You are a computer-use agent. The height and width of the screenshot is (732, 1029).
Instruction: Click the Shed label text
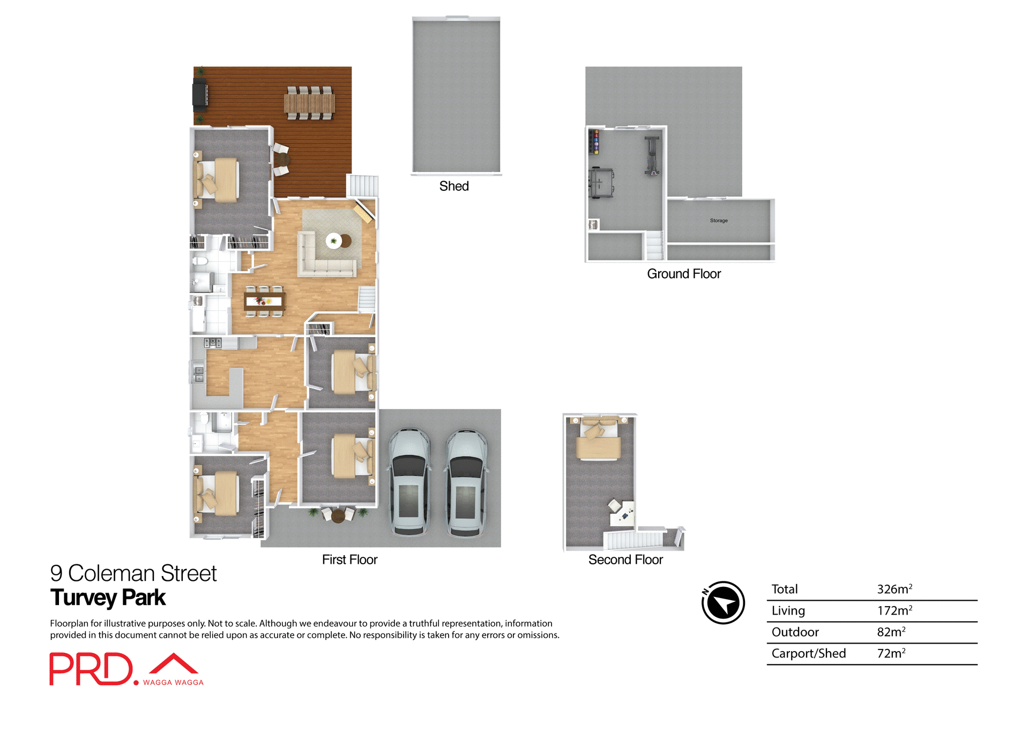454,186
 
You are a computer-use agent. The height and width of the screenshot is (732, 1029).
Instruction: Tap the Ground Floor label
684,274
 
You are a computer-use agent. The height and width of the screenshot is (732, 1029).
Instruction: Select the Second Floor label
625,559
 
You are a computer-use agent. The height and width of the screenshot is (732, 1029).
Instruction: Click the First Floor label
349,559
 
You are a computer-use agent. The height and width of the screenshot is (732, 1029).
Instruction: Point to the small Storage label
719,221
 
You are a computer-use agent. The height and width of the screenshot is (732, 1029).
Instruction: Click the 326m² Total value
894,589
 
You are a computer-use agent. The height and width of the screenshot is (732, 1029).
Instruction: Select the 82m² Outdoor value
891,632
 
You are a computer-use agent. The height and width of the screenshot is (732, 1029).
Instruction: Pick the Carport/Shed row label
808,653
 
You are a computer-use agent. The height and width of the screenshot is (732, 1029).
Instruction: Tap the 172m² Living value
894,610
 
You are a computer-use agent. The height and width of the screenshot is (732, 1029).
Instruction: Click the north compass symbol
723,603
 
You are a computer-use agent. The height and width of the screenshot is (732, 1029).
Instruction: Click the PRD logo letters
91,669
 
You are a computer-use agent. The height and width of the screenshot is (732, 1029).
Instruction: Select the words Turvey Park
108,597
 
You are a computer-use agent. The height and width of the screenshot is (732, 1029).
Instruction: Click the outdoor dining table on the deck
309,103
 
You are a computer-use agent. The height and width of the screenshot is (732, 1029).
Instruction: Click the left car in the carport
409,482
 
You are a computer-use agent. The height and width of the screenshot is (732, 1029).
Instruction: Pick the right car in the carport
466,482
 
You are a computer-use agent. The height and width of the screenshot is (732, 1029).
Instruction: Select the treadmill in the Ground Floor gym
601,183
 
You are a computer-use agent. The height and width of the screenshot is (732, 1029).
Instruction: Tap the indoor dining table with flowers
264,302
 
